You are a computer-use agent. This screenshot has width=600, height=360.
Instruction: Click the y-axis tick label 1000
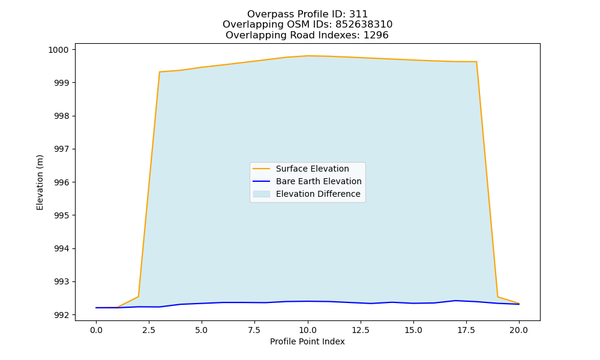(58, 50)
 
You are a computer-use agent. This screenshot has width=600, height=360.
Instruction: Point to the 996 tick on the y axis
(61, 182)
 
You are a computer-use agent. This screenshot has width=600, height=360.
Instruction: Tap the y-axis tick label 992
(61, 315)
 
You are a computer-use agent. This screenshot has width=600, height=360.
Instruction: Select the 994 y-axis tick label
(61, 248)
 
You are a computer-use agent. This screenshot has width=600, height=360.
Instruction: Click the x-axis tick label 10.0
(308, 330)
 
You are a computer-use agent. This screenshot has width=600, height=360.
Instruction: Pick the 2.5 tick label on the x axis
(149, 330)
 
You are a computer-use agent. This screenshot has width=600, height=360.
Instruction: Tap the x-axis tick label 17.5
(466, 330)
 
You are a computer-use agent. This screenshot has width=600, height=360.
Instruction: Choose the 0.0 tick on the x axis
(96, 330)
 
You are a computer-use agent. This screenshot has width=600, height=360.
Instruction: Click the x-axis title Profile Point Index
(307, 341)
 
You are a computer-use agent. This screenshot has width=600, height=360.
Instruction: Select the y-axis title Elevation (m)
(40, 182)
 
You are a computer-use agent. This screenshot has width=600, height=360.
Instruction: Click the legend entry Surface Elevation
(312, 169)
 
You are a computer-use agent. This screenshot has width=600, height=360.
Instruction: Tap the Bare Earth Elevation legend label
(319, 181)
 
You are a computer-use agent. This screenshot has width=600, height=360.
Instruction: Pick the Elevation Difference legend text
(318, 194)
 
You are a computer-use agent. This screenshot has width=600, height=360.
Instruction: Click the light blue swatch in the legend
(262, 194)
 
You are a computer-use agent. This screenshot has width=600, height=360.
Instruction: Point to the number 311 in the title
(359, 14)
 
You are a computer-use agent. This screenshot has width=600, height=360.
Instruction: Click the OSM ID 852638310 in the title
(364, 25)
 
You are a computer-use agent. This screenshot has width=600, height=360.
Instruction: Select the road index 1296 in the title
(376, 35)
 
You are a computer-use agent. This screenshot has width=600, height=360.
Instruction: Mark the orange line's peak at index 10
(308, 56)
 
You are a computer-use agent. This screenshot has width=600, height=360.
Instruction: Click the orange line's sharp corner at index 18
(476, 62)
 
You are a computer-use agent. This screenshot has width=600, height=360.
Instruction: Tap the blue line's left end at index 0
(96, 308)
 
